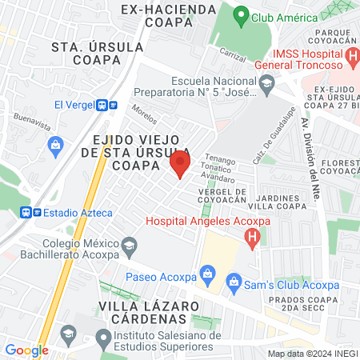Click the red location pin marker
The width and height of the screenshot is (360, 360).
pyautogui.click(x=180, y=165)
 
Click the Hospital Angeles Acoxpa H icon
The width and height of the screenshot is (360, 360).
pyautogui.click(x=253, y=237)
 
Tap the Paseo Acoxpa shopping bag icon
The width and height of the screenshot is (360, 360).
pyautogui.click(x=208, y=274)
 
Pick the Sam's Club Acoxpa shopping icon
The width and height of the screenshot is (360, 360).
pyautogui.click(x=233, y=280)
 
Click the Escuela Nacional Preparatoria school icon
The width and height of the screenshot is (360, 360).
pyautogui.click(x=266, y=82)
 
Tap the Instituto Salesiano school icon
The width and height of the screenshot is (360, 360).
pyautogui.click(x=102, y=340)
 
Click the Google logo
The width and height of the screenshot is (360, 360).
pyautogui.click(x=26, y=350)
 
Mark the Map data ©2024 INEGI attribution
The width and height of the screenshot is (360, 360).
pyautogui.click(x=312, y=354)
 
